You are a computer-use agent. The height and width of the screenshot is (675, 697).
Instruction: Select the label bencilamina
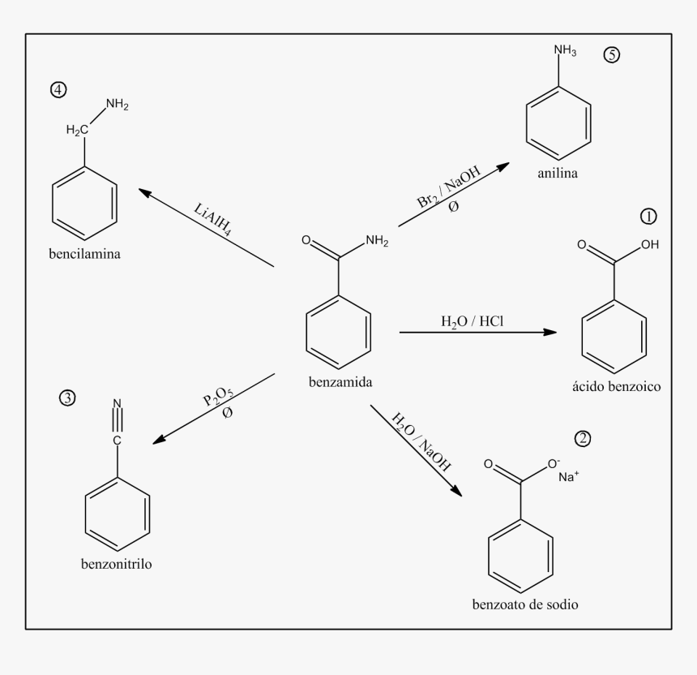pyautogui.click(x=84, y=254)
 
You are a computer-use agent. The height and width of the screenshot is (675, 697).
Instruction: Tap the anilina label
pyautogui.click(x=557, y=174)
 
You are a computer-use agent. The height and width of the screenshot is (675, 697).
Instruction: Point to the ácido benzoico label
pyautogui.click(x=616, y=387)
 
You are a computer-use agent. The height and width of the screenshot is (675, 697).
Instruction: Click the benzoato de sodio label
pyautogui.click(x=526, y=604)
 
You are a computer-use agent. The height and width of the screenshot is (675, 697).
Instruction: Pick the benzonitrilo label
pyautogui.click(x=117, y=564)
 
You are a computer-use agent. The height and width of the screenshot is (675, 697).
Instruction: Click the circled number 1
pyautogui.click(x=648, y=217)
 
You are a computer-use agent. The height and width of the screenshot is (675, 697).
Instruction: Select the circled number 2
pyautogui.click(x=583, y=439)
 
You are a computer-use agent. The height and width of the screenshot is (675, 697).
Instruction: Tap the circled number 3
pyautogui.click(x=67, y=398)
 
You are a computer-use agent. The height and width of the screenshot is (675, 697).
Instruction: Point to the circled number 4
pyautogui.click(x=58, y=90)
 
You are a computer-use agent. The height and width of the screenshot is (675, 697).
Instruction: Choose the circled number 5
pyautogui.click(x=611, y=55)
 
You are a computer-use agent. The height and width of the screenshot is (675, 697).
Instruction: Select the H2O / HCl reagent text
pyautogui.click(x=473, y=320)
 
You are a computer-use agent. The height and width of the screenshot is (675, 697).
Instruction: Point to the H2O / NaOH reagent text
pyautogui.click(x=421, y=441)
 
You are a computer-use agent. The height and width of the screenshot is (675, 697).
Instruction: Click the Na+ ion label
pyautogui.click(x=568, y=477)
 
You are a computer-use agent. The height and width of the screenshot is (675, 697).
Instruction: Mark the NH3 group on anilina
pyautogui.click(x=565, y=51)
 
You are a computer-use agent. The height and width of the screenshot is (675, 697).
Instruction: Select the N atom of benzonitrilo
pyautogui.click(x=117, y=403)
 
